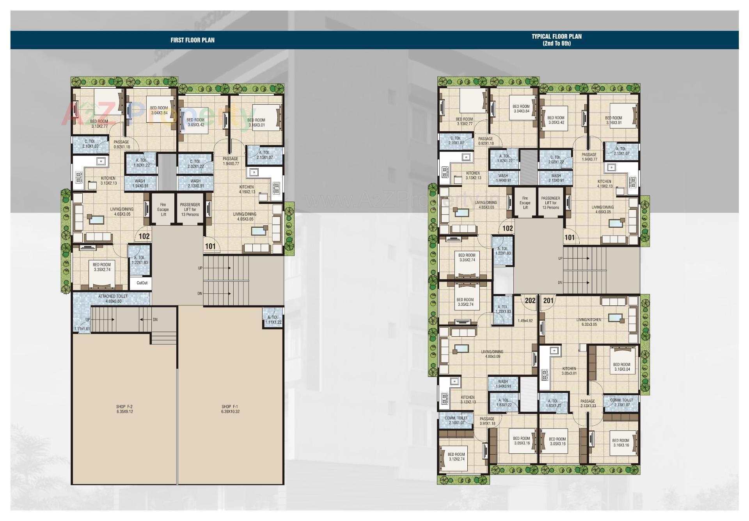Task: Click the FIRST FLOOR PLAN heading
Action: (x=192, y=40)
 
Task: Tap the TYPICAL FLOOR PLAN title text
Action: (x=556, y=40)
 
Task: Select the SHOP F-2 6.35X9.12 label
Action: (x=124, y=409)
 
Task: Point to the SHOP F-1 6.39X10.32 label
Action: (x=230, y=409)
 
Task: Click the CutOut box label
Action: (x=142, y=283)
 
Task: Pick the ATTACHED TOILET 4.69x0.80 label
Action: (x=113, y=299)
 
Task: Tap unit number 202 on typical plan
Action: (x=530, y=300)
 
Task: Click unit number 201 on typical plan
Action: (x=548, y=300)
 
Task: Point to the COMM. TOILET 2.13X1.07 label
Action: (x=621, y=402)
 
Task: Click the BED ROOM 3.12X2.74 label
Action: (x=456, y=457)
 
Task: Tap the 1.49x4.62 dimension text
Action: (x=525, y=321)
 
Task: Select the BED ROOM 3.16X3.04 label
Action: (x=621, y=367)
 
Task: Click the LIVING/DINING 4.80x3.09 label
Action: (x=492, y=354)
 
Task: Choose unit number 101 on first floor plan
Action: (x=210, y=246)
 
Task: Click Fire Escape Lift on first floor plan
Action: (x=163, y=209)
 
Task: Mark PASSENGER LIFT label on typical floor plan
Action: (x=550, y=203)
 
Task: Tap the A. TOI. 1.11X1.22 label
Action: (x=273, y=320)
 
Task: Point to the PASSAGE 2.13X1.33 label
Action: (x=587, y=403)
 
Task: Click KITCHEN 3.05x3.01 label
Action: (x=569, y=371)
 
